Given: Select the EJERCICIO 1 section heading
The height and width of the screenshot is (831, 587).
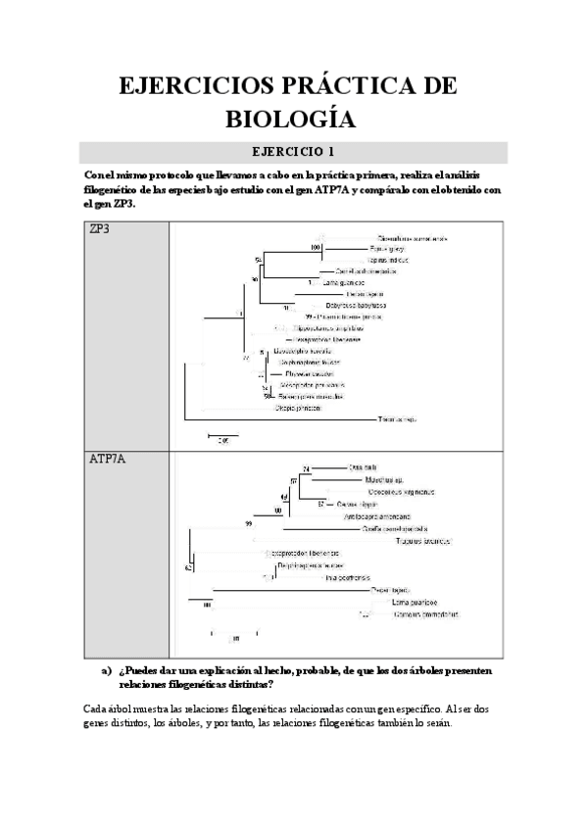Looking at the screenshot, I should coord(293,152).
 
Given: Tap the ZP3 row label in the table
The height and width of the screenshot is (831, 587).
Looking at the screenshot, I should coord(99,230).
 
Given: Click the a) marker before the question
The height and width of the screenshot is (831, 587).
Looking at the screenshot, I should coord(107,671).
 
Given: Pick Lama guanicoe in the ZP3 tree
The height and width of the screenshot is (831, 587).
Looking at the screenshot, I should coord(329,281).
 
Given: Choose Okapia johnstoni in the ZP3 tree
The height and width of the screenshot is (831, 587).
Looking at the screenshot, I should coord(299,407).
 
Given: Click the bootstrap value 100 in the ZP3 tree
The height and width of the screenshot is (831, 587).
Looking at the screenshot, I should coord(315,248).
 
